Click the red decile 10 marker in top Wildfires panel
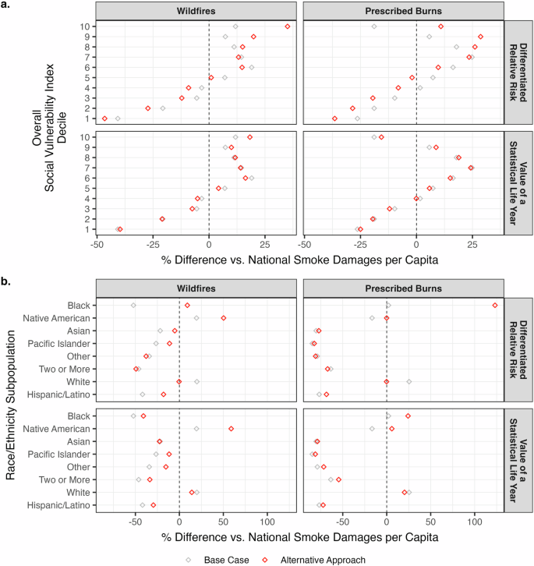tap(288, 27)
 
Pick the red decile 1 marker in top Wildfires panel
tap(104, 119)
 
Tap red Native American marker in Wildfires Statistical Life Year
tap(232, 429)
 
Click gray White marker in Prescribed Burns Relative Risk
tap(409, 382)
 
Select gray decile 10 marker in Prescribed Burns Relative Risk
tap(374, 27)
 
